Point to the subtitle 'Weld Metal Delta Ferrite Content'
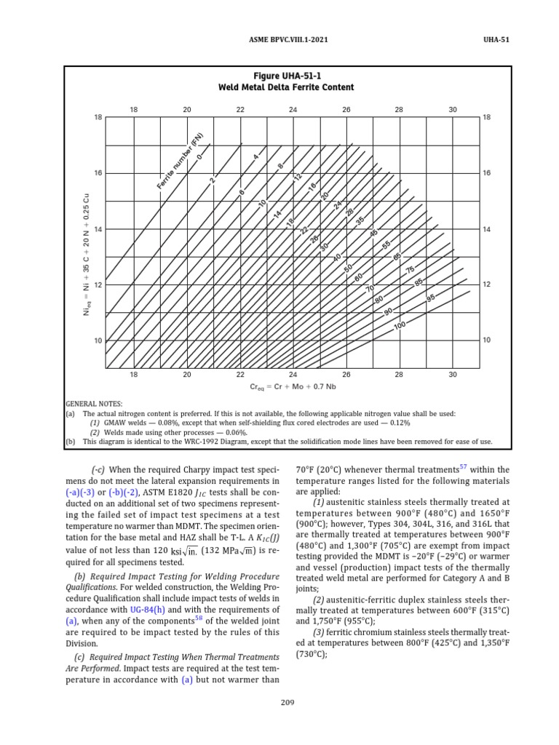[286, 87]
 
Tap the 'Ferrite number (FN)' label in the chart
[179, 162]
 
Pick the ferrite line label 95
[431, 298]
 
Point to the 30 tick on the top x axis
[453, 109]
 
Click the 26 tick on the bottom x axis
[346, 375]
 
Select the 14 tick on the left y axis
[98, 229]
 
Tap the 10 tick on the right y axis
[487, 340]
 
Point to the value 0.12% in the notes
[399, 423]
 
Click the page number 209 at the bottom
[287, 702]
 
